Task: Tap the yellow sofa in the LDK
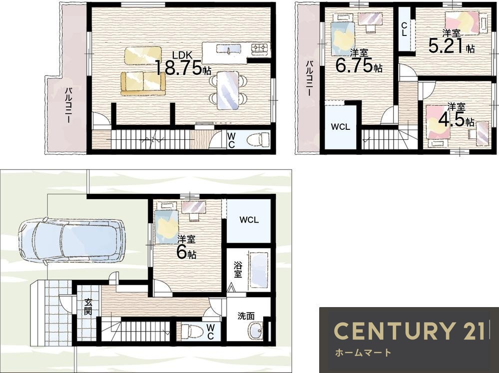143,83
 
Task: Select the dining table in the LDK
228,90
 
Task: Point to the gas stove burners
261,48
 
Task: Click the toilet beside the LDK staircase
258,139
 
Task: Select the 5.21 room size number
446,46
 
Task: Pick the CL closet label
404,29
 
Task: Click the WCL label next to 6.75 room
340,127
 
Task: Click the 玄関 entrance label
88,306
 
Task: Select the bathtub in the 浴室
259,270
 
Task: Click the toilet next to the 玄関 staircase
192,331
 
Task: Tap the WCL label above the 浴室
249,220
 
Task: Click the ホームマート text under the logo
363,353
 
